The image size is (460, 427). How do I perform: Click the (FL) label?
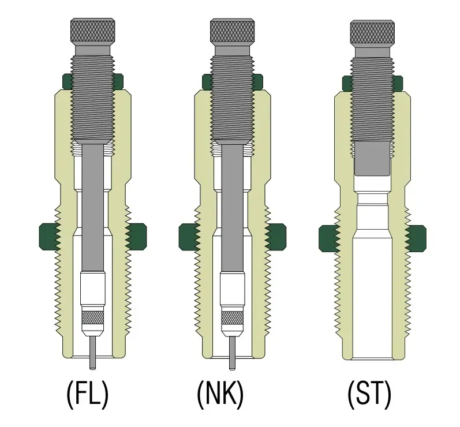point(88,395)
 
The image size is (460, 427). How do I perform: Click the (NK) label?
point(220,395)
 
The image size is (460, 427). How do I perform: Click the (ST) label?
point(369,395)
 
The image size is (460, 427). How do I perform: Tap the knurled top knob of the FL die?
point(93,31)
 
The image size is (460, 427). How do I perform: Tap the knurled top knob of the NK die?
point(233,31)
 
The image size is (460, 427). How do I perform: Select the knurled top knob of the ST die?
point(372,32)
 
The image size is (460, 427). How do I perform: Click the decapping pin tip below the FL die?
point(93,367)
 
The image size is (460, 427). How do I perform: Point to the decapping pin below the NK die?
point(233,353)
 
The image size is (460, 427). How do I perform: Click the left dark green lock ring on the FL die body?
point(50,237)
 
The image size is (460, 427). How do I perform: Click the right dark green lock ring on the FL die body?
point(136,237)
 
